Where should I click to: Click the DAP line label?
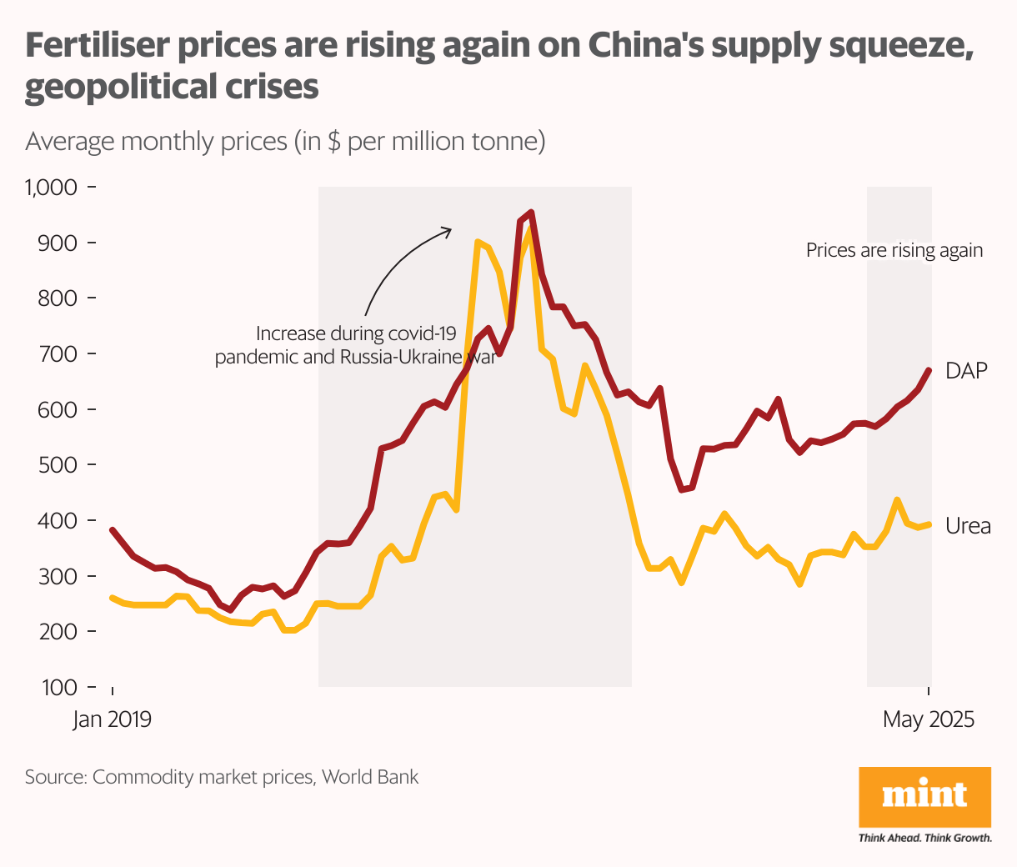[x=965, y=371]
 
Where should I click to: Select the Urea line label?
[x=967, y=526]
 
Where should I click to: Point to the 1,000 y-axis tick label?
[x=52, y=188]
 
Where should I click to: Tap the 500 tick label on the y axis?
[x=60, y=465]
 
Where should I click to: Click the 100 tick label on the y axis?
[x=60, y=688]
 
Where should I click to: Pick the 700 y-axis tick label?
[x=60, y=354]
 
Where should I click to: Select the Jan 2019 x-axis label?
[x=112, y=719]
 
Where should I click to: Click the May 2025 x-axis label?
[x=928, y=719]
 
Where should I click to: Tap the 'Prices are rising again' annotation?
[x=894, y=250]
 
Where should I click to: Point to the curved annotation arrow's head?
[x=449, y=229]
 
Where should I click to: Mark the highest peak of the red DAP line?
[x=531, y=213]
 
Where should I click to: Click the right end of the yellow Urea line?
[x=929, y=524]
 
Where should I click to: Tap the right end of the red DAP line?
[x=929, y=370]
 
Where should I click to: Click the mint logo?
[x=924, y=796]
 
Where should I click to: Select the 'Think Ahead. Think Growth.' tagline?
[x=924, y=838]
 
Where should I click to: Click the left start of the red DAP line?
[x=113, y=529]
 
